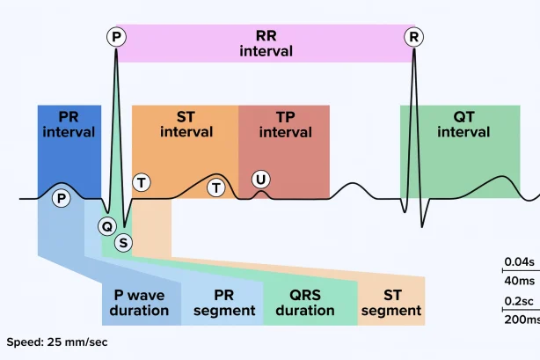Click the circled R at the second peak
(413, 37)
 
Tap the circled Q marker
(107, 226)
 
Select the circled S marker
(123, 242)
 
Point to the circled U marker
(260, 180)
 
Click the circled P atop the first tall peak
(116, 37)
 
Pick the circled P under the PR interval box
(61, 198)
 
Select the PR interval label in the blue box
(69, 124)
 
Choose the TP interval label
(285, 124)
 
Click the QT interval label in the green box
(463, 124)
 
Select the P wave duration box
(141, 302)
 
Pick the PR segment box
(223, 302)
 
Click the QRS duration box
(305, 302)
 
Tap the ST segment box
(391, 302)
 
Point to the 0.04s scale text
(519, 261)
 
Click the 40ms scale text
(520, 280)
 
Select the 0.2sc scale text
(520, 301)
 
